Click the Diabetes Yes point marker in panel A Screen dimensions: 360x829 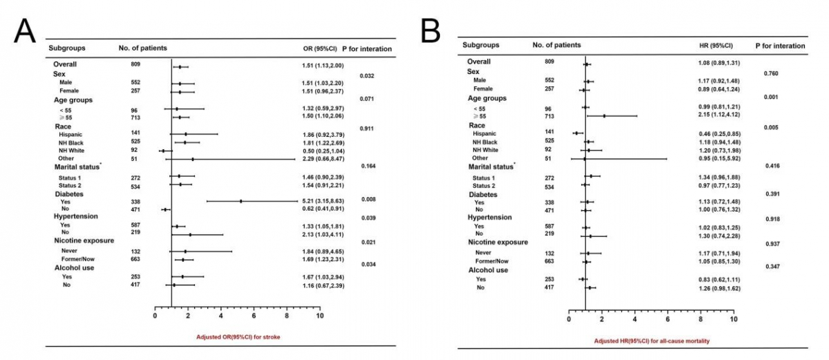[x=240, y=201]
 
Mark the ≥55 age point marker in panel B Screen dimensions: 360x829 [x=604, y=115]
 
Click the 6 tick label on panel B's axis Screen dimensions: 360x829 [x=667, y=320]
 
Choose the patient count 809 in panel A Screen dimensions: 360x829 [x=135, y=64]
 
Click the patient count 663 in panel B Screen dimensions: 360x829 [x=550, y=262]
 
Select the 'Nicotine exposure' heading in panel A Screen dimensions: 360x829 [x=84, y=240]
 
